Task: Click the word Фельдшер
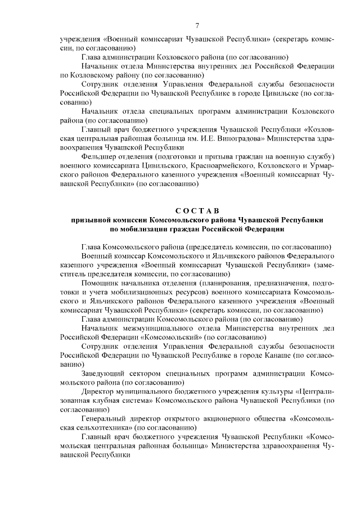[100, 156]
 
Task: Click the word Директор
[99, 391]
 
